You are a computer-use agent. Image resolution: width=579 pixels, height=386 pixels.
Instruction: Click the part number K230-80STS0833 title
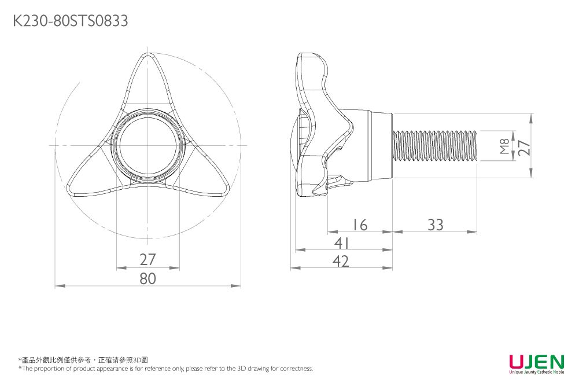coord(70,21)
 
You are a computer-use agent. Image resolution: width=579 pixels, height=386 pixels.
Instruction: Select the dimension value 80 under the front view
coord(148,278)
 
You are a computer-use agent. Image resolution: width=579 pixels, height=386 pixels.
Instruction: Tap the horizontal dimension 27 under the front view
coord(148,259)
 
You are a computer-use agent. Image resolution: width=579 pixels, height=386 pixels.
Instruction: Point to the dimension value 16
coord(360,225)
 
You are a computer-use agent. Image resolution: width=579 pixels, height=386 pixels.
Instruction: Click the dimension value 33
coord(435,225)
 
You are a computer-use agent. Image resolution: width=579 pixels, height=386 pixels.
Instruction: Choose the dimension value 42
coord(341,262)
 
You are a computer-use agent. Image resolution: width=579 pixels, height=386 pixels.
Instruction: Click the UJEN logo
coord(536,362)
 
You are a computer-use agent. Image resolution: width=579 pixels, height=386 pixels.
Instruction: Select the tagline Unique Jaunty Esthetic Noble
coord(536,373)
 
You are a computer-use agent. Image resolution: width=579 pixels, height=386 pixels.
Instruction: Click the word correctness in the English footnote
coord(296,369)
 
